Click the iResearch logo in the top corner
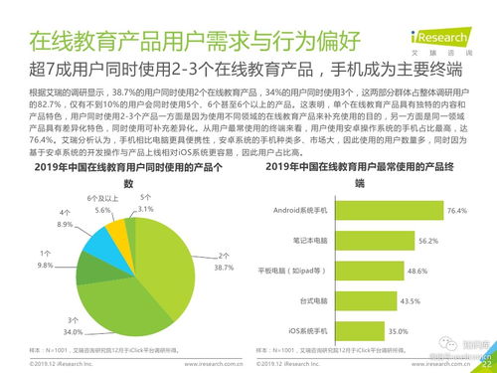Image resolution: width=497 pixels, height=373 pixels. (x=454, y=16)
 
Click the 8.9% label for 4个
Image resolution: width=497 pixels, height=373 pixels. (x=65, y=226)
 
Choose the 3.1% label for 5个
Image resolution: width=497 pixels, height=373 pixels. (x=146, y=210)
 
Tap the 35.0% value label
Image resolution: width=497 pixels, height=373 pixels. (x=398, y=329)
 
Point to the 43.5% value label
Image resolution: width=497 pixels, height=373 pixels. (x=409, y=299)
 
